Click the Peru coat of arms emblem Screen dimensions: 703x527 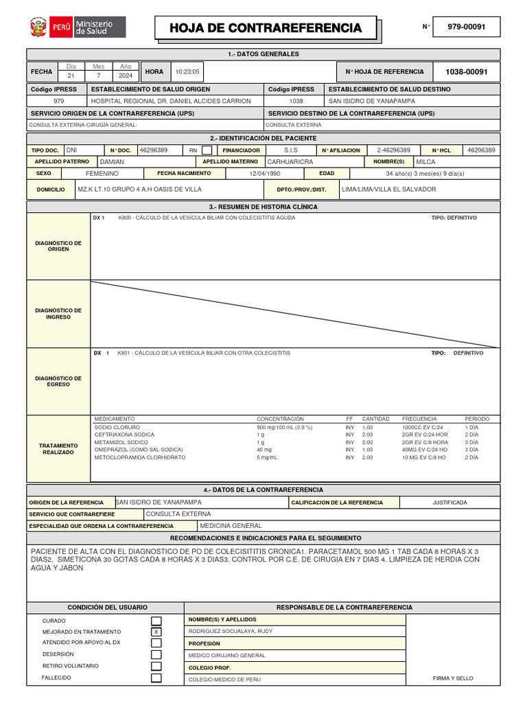(x=37, y=28)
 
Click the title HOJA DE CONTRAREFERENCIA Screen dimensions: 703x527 (x=266, y=28)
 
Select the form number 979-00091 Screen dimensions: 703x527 (x=466, y=27)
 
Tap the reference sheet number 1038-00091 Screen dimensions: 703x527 (x=466, y=71)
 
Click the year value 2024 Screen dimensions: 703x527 (x=125, y=76)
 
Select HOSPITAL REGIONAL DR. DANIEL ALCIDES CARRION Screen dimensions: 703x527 (x=171, y=101)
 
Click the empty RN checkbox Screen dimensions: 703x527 (x=207, y=150)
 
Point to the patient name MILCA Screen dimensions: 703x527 (x=427, y=161)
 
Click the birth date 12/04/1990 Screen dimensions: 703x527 (x=266, y=174)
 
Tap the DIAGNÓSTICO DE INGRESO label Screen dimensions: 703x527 (x=58, y=314)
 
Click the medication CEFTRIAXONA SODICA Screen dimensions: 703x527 (x=124, y=435)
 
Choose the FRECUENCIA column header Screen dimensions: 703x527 (x=419, y=419)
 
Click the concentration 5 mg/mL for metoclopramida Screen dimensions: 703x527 (x=267, y=457)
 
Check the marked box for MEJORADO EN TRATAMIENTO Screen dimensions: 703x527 (x=156, y=632)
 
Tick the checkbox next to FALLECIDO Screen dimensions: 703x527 (x=156, y=678)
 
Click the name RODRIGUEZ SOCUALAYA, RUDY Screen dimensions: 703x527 (x=230, y=632)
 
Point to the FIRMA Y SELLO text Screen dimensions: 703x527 (x=453, y=678)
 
